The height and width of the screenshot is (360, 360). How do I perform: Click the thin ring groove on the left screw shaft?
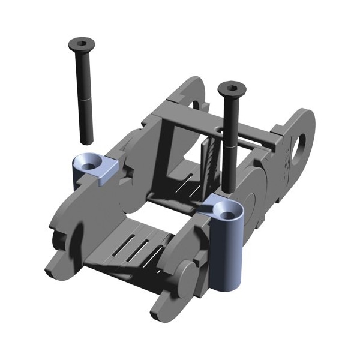(x=84, y=98)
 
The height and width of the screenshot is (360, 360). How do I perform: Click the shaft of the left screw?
(x=84, y=78)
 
